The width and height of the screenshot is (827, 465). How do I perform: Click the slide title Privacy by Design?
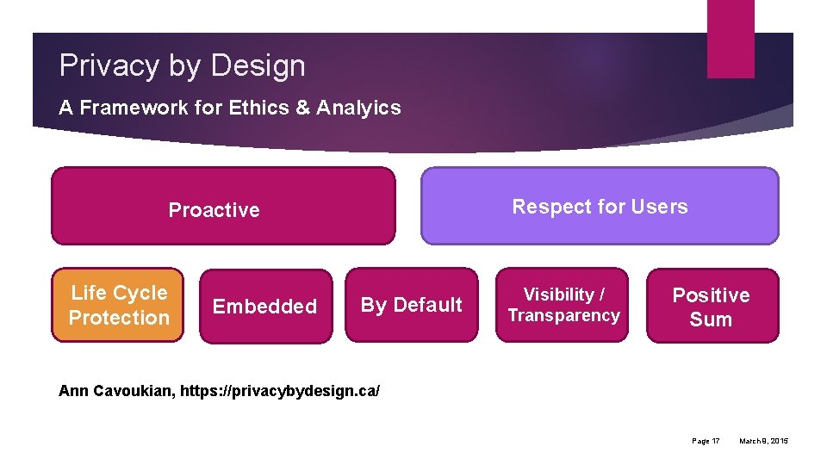[182, 65]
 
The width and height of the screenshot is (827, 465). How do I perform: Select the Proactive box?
[223, 207]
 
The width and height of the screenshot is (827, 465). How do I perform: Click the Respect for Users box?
[600, 207]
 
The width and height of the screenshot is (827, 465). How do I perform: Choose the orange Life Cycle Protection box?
[118, 305]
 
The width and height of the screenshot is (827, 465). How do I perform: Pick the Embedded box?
[265, 307]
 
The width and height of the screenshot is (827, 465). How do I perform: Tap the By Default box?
[411, 305]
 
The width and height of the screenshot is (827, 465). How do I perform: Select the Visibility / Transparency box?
[563, 305]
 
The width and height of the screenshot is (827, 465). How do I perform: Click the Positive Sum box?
[712, 307]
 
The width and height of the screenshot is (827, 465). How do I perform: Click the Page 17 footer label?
[706, 441]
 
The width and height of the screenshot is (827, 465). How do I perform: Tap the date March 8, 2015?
[763, 441]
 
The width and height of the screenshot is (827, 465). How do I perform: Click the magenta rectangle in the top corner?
[730, 39]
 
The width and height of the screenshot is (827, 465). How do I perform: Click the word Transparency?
[563, 316]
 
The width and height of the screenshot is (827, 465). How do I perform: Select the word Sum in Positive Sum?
[711, 319]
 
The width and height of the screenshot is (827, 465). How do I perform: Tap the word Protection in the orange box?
[119, 318]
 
